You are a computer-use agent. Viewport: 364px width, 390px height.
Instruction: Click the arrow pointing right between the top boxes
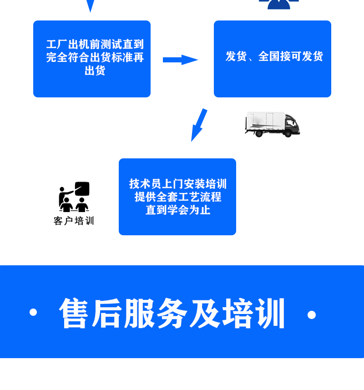(x=180, y=60)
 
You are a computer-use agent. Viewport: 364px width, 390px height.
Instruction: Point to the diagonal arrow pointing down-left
(x=199, y=125)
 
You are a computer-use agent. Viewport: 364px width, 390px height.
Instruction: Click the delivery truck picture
(x=272, y=124)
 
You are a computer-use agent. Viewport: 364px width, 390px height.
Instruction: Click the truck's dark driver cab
(x=291, y=123)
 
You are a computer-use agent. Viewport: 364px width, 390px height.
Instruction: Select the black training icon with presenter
(x=74, y=197)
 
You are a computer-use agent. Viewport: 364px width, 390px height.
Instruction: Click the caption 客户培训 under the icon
(x=74, y=221)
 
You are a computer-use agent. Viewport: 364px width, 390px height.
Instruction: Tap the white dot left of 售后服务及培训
(x=33, y=312)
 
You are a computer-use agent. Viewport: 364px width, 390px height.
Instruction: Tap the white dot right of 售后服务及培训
(x=312, y=314)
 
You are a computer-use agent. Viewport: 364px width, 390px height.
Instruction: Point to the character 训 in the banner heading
(x=271, y=313)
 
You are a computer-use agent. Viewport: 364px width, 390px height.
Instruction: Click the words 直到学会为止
(x=177, y=210)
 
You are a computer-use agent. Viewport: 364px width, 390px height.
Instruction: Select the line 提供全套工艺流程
(x=177, y=197)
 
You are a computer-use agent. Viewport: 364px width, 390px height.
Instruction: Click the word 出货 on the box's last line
(x=95, y=71)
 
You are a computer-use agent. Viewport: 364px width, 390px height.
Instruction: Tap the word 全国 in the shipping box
(x=269, y=56)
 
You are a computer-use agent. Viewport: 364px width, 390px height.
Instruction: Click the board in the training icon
(x=82, y=188)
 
